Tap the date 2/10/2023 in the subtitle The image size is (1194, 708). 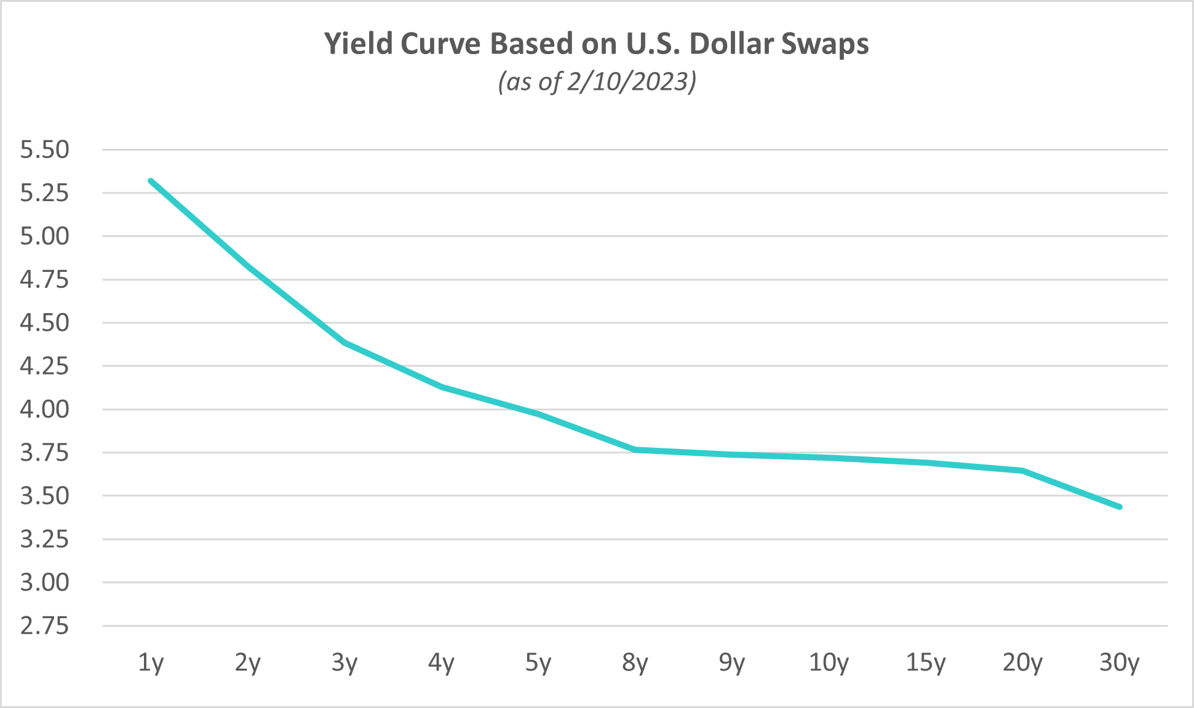click(x=629, y=81)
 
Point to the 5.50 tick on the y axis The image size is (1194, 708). click(x=45, y=149)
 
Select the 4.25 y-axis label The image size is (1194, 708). click(x=45, y=366)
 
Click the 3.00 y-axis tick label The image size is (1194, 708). click(x=45, y=583)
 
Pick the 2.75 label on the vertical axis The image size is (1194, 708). click(x=45, y=626)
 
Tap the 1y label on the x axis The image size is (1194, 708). click(x=151, y=663)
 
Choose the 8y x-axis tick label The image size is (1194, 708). click(x=635, y=663)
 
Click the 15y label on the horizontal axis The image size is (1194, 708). click(x=926, y=663)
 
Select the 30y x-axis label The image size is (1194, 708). click(x=1120, y=663)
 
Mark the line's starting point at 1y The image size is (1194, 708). click(x=151, y=181)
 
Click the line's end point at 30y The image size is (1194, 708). click(x=1120, y=507)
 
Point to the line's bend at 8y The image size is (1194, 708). click(x=635, y=450)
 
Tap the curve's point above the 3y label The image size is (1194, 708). click(x=344, y=342)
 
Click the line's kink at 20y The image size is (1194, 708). click(x=1022, y=471)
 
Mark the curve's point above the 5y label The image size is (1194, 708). click(x=538, y=414)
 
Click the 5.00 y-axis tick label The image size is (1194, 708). click(x=45, y=236)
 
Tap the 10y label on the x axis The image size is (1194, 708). click(x=829, y=663)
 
